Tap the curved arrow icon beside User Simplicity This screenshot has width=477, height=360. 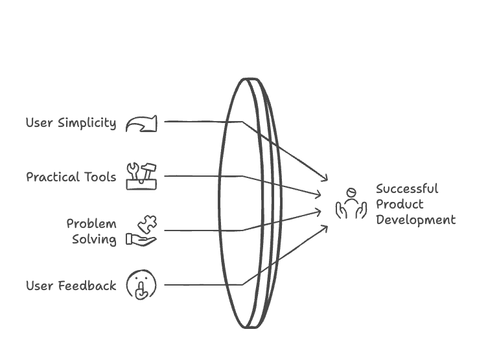point(141,123)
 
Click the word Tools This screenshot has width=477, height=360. point(100,177)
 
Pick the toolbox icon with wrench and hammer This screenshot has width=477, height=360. point(141,176)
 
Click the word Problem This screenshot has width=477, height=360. point(91,224)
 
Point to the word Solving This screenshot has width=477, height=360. point(94,240)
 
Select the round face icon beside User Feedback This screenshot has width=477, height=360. point(141,285)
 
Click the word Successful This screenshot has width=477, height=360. point(407,189)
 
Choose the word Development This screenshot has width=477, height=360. point(415,220)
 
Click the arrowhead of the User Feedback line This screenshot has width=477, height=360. point(325,227)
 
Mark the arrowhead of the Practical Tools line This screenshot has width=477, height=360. point(319,194)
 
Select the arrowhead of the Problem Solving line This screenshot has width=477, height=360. point(319,211)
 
